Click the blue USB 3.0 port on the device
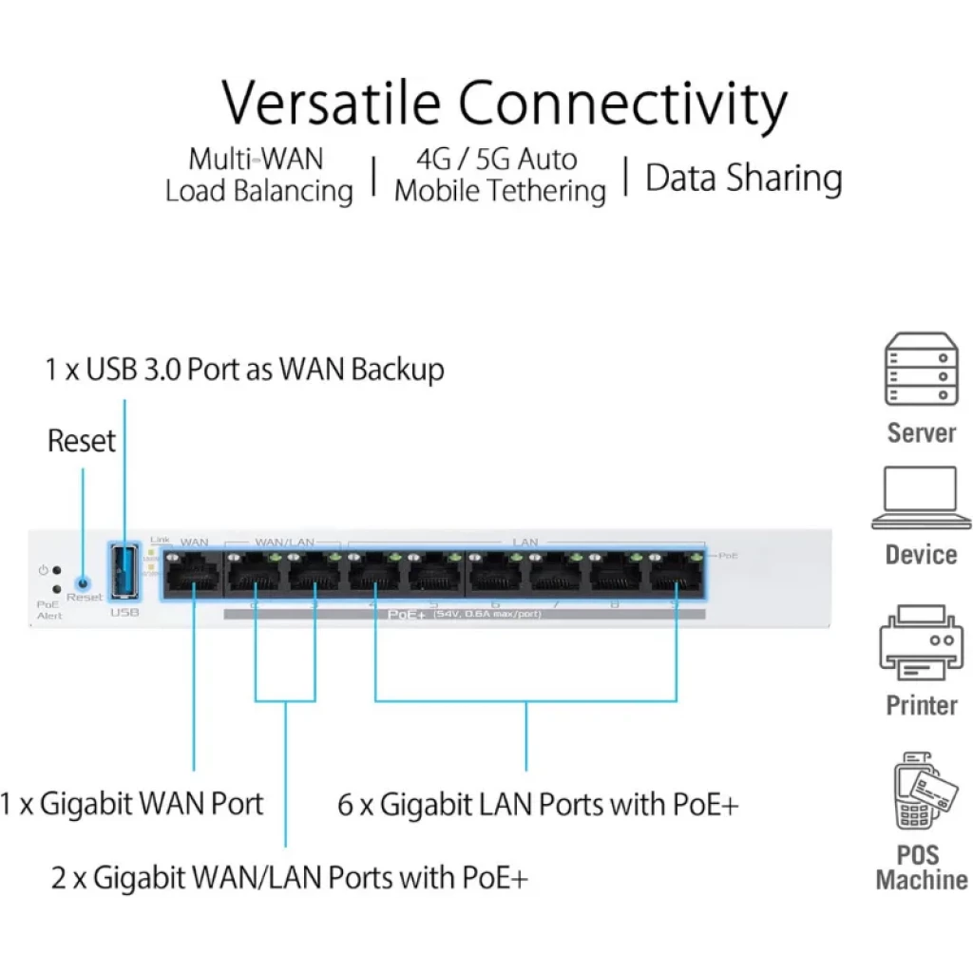pos(124,571)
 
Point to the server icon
pos(920,370)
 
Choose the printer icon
pos(920,647)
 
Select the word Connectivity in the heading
pos(623,105)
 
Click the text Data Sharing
pos(743,178)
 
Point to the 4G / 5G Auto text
pos(497,158)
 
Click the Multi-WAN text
pos(256,158)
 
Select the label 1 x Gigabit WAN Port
pos(131,804)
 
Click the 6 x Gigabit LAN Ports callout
pos(538,805)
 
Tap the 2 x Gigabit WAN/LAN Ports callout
pos(289,876)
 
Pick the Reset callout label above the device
pos(82,441)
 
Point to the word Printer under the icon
pos(921,705)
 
